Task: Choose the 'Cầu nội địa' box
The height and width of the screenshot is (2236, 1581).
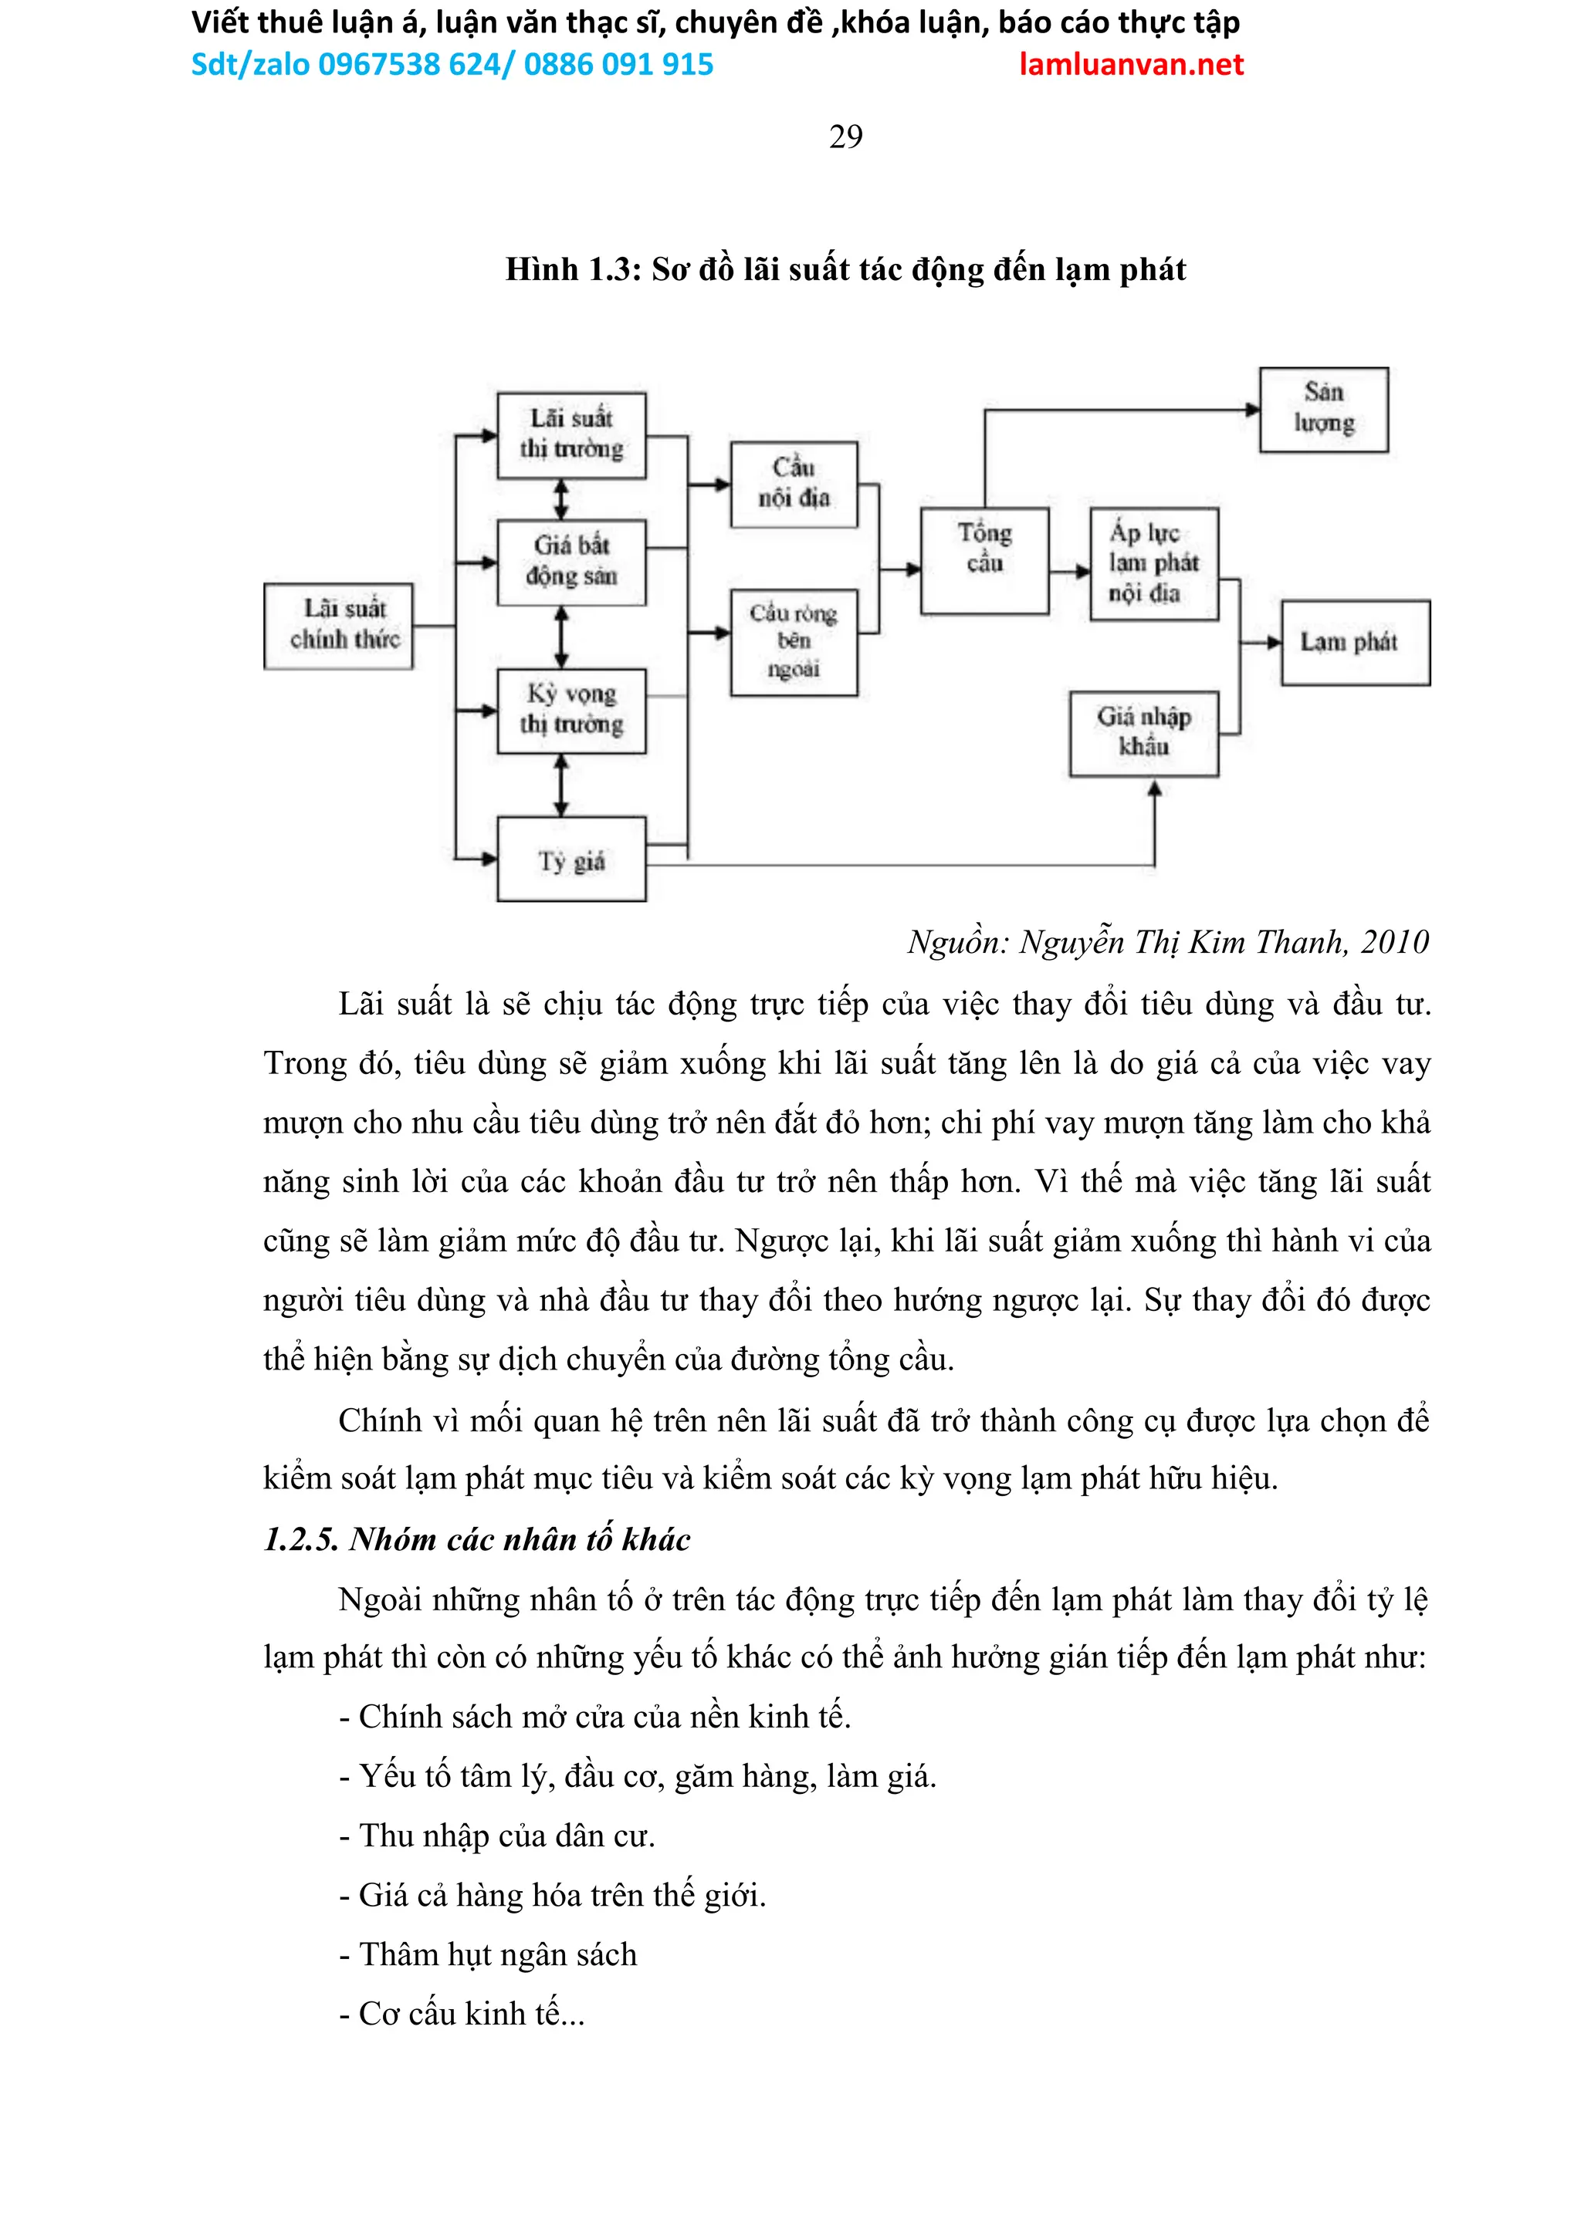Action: pos(794,484)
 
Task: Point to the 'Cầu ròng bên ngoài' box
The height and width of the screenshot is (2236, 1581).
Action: pos(794,642)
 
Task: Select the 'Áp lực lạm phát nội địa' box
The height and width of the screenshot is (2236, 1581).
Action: pos(1153,563)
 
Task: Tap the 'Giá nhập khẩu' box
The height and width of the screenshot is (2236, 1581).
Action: pos(1143,733)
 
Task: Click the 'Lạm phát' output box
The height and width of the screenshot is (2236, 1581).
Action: pos(1355,642)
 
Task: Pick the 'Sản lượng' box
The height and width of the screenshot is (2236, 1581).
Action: pos(1323,409)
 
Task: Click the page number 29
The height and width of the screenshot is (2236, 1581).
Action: pos(845,137)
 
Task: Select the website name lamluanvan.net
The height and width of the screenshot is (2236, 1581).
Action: pos(1131,64)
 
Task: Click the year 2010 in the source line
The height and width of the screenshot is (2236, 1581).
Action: pos(1394,942)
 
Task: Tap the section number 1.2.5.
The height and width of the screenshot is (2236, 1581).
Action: pos(300,1539)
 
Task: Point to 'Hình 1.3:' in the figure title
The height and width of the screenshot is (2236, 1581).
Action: pos(573,269)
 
